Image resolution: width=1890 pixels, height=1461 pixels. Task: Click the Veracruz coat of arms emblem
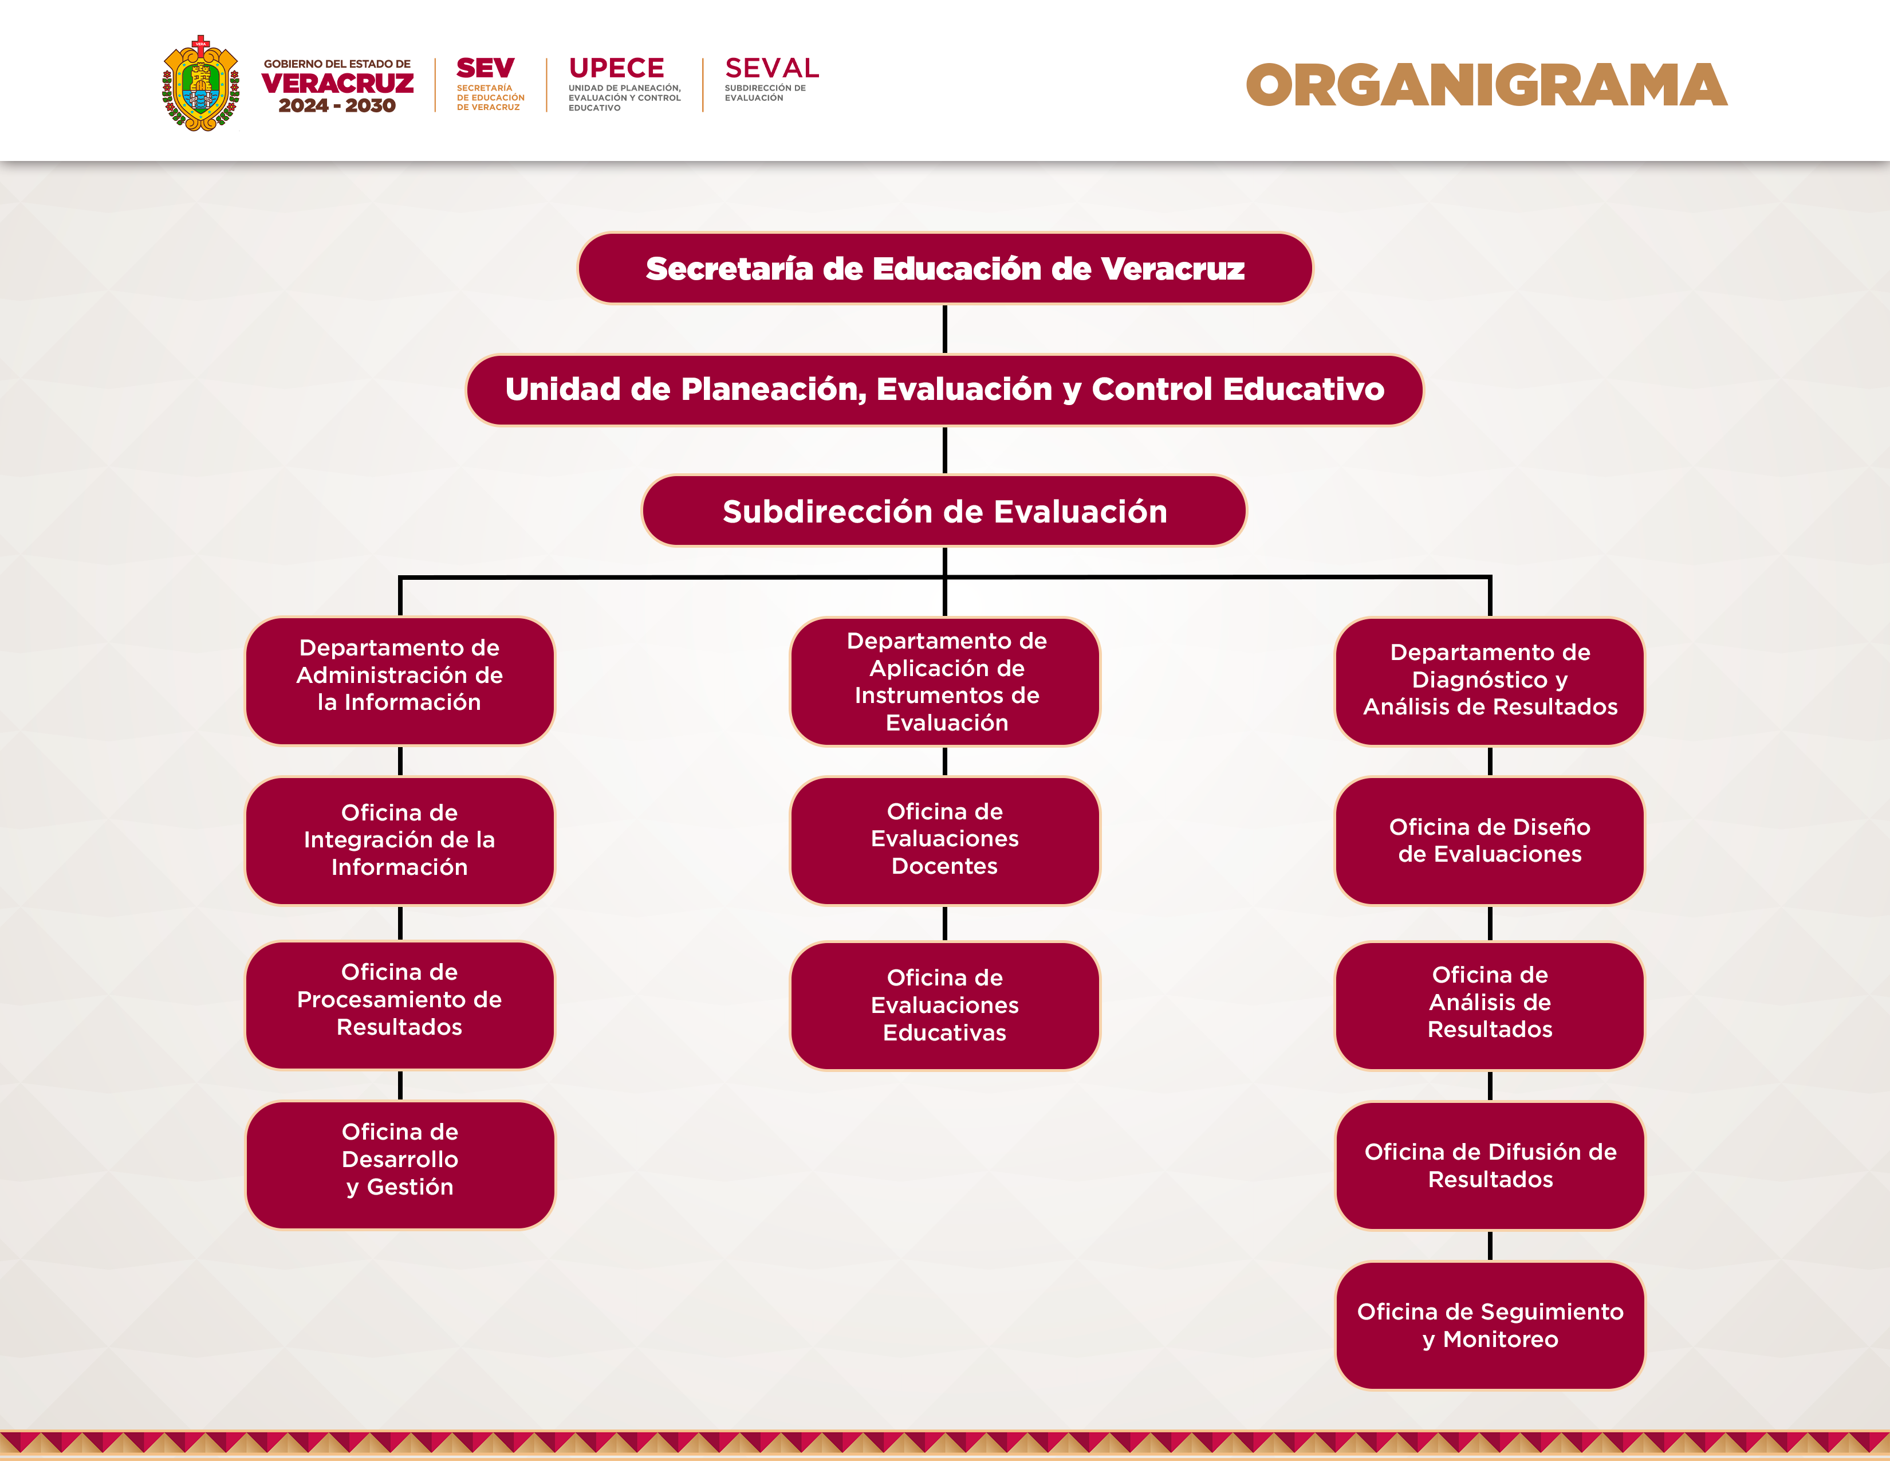(x=201, y=84)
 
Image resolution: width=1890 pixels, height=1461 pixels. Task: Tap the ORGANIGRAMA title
(x=1486, y=86)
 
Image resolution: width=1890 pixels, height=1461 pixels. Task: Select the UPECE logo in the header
(x=617, y=68)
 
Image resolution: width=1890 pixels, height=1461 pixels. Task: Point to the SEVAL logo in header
(x=771, y=68)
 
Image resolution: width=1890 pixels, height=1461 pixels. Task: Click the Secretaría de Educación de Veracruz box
(x=945, y=268)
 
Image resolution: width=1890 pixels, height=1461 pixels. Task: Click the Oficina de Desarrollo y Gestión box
(x=400, y=1164)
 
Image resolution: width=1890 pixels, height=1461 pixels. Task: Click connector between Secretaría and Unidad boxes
(x=945, y=329)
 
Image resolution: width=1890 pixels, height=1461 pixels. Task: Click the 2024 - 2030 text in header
(x=337, y=105)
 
